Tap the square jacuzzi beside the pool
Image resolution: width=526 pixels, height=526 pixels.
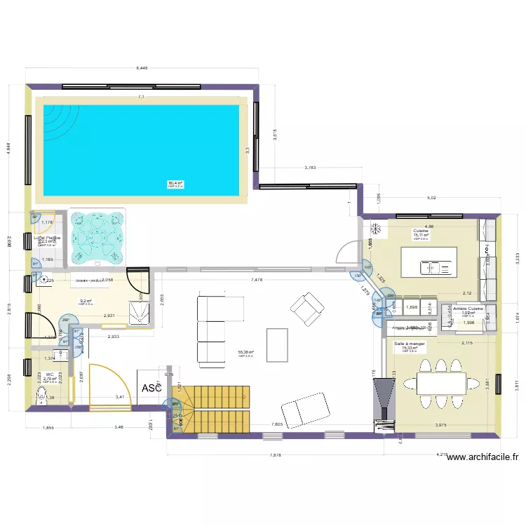click(x=97, y=237)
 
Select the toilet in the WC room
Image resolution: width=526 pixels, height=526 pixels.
click(x=40, y=397)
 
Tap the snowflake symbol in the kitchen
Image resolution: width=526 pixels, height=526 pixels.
click(x=376, y=229)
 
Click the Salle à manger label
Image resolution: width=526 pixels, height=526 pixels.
click(x=410, y=344)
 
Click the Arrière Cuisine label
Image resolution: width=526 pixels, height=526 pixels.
click(x=468, y=309)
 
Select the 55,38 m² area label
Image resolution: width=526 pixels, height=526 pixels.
click(x=246, y=353)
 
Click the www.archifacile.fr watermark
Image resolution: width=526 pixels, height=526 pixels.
click(x=483, y=457)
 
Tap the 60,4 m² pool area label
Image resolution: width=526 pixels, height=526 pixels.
click(x=175, y=183)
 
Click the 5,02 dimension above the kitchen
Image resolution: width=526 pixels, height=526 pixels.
click(x=432, y=198)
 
